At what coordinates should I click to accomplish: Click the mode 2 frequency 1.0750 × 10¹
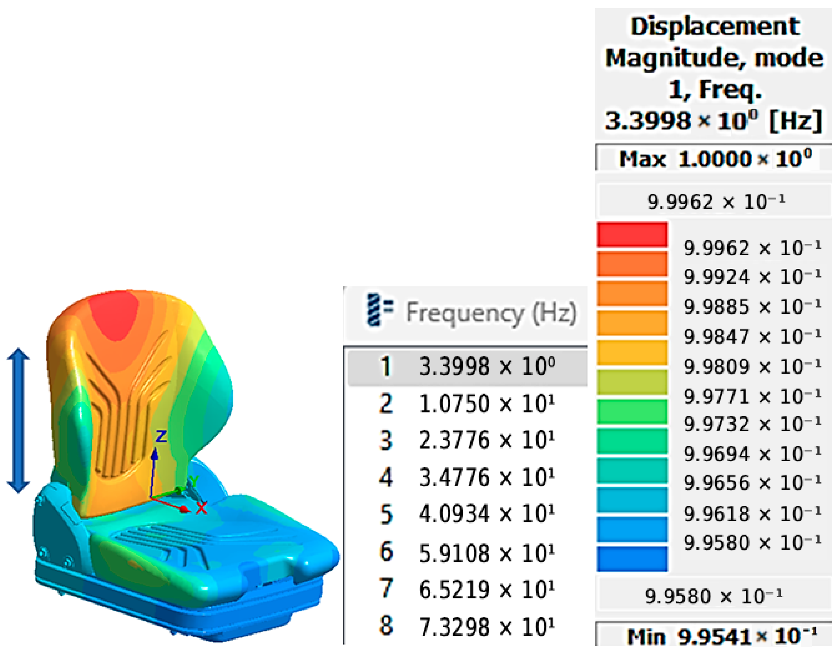487,404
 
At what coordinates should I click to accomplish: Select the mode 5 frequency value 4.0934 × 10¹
487,514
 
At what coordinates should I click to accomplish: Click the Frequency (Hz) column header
491,313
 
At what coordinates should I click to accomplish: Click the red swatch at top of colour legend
632,234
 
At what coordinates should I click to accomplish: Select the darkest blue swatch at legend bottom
632,559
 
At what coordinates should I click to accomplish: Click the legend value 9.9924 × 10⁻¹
752,277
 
